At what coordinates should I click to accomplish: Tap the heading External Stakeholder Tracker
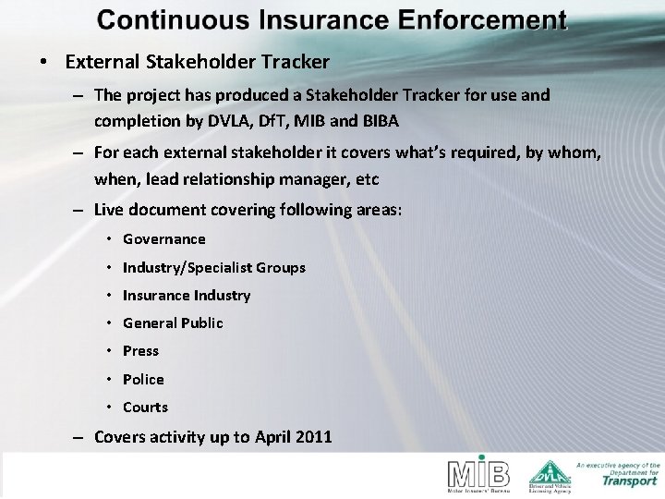pos(197,63)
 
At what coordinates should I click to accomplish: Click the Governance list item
pos(163,238)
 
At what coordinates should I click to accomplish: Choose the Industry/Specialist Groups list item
pos(213,267)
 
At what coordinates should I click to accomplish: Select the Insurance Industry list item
pos(186,295)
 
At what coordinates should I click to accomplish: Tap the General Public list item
pos(172,323)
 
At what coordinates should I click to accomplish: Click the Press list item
pos(140,350)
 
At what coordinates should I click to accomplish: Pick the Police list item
pos(143,379)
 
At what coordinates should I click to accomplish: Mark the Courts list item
pos(145,407)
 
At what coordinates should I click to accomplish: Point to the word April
pos(265,436)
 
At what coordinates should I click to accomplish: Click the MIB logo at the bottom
pos(478,474)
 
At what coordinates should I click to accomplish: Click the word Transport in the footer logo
pos(630,480)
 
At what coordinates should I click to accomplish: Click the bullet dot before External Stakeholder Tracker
pos(43,63)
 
